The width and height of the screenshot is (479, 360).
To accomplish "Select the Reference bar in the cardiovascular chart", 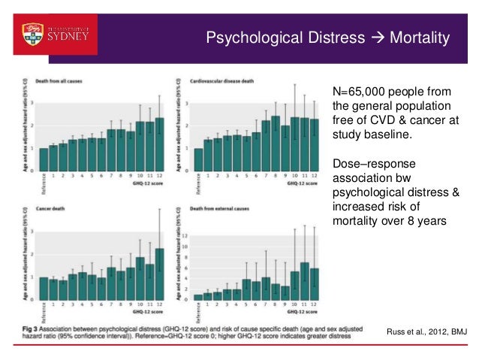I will [x=198, y=159].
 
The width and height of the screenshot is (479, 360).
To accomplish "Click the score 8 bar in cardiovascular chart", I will [x=276, y=142].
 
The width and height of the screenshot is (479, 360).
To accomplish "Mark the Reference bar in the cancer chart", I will [x=44, y=289].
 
